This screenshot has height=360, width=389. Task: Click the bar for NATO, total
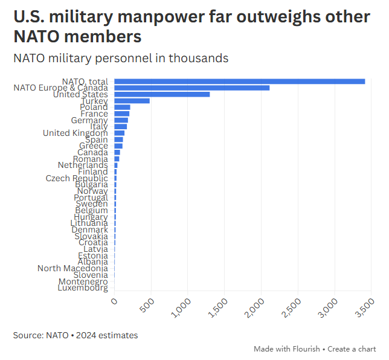click(x=239, y=81)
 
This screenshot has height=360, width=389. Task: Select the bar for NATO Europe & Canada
click(x=191, y=88)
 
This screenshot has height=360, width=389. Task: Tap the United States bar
click(x=162, y=94)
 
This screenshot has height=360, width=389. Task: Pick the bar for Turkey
click(x=132, y=101)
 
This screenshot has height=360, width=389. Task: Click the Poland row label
click(x=94, y=107)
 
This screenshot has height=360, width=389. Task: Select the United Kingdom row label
click(x=76, y=133)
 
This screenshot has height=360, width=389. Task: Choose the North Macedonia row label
click(x=72, y=268)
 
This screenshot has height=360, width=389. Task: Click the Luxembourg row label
click(x=83, y=288)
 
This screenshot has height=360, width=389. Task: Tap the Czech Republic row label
click(x=77, y=178)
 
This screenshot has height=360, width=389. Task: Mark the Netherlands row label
click(x=83, y=165)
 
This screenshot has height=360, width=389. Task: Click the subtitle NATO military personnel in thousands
click(x=121, y=58)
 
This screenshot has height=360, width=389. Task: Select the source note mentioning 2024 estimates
click(x=76, y=335)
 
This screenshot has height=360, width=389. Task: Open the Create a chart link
click(x=352, y=349)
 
